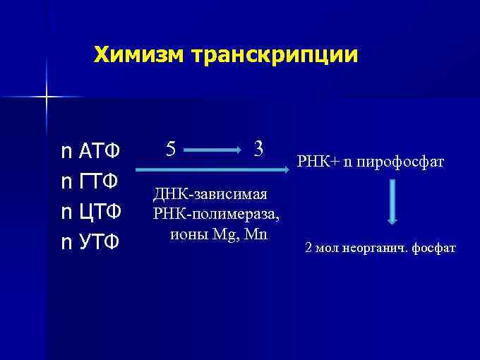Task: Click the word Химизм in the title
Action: click(136, 55)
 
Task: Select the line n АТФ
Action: click(91, 151)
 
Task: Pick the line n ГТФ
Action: click(90, 181)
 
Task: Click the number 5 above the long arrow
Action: click(171, 150)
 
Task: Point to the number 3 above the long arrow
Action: click(258, 149)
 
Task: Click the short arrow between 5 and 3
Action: click(215, 150)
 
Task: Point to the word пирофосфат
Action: click(400, 162)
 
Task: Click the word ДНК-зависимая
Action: click(210, 193)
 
